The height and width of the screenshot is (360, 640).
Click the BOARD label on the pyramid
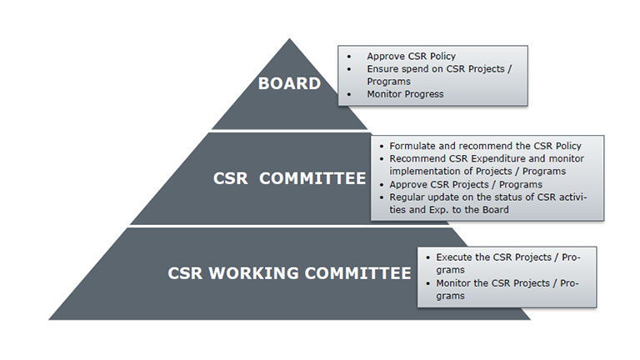[x=289, y=83]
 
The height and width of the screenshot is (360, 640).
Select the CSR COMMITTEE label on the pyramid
[x=288, y=178]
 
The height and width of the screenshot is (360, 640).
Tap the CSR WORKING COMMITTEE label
[x=289, y=272]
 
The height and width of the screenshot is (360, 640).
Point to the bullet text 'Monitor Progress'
[x=405, y=94]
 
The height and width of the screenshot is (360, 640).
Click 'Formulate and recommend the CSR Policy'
[x=485, y=146]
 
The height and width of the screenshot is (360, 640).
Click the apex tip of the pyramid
[x=289, y=39]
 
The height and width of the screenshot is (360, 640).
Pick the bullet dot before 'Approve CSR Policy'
[x=348, y=57]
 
